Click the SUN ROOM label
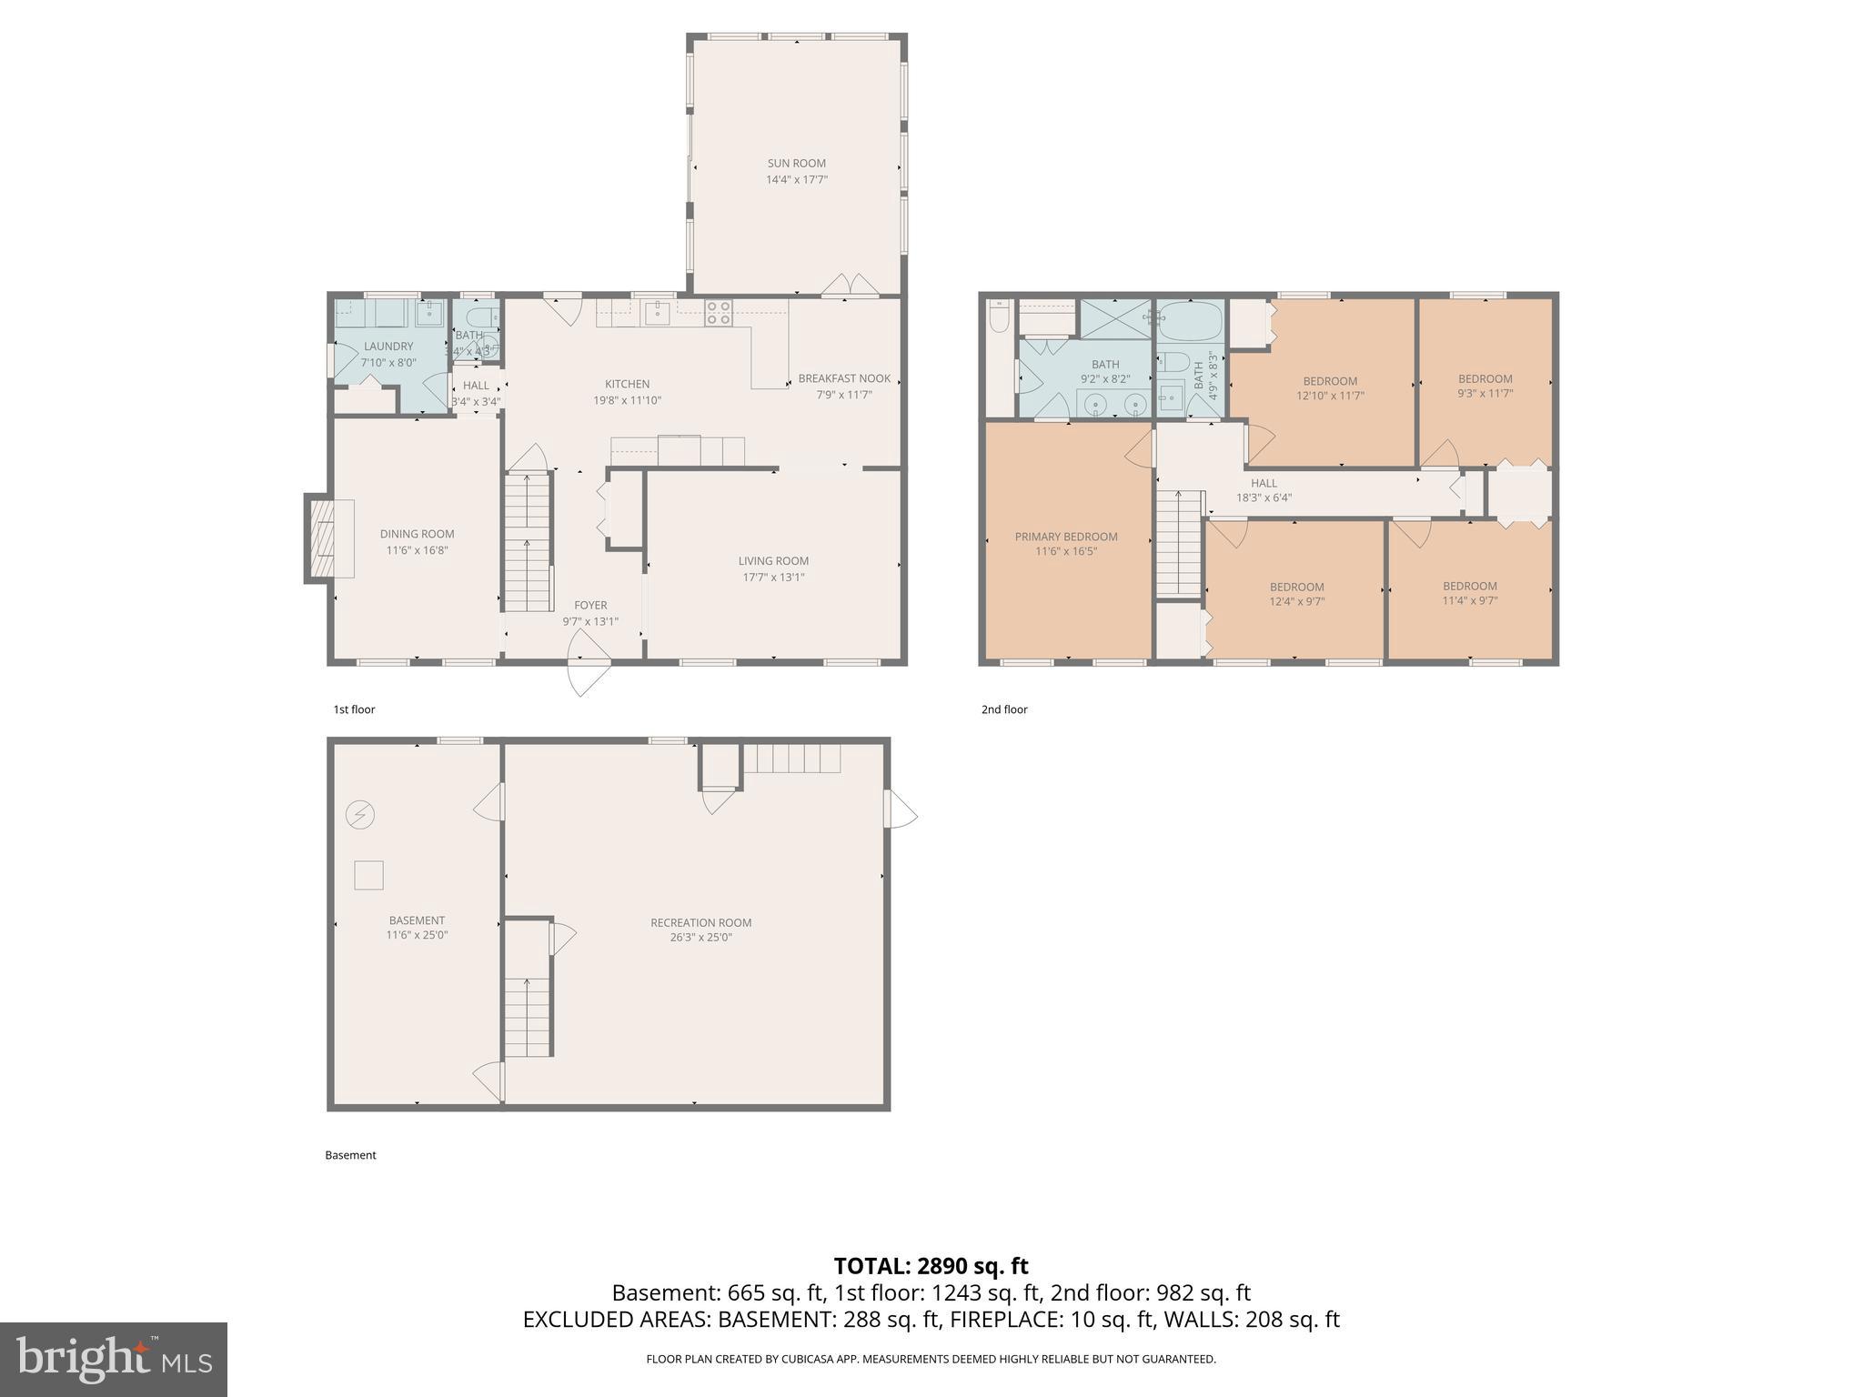pos(796,164)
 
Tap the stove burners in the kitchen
pos(719,312)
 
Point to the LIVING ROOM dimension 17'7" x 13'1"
pos(773,577)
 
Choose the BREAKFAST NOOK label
pos(844,378)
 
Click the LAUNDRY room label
pos(388,347)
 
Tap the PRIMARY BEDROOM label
pos(1066,537)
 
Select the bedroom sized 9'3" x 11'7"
pos(1485,386)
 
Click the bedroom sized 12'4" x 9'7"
pos(1296,593)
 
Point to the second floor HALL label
pos(1264,483)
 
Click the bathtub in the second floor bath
pos(1190,321)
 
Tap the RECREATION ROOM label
pos(700,922)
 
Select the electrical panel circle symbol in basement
pos(360,814)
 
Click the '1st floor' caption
pos(354,709)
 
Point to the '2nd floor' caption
pos(1004,709)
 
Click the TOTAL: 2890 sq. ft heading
pos(931,1266)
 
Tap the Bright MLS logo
pos(113,1359)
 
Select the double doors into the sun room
pos(850,286)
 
